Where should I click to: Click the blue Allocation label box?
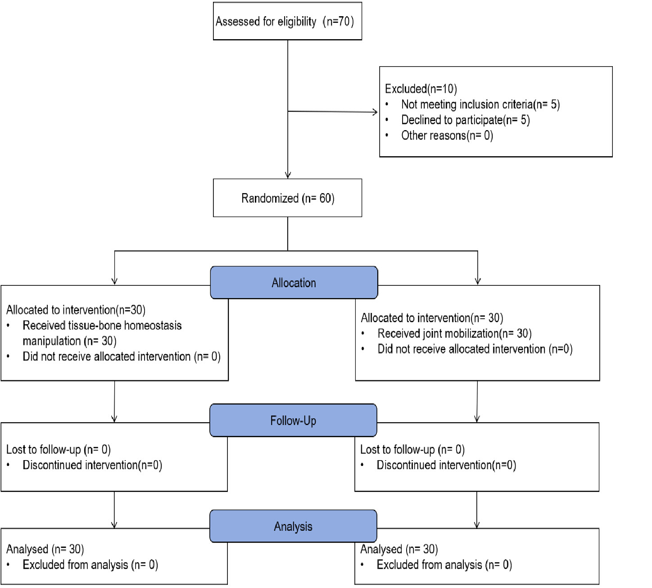pyautogui.click(x=294, y=282)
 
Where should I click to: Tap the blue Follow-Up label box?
pyautogui.click(x=293, y=420)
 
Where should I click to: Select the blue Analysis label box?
pyautogui.click(x=293, y=526)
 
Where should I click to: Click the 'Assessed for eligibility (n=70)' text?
pyautogui.click(x=285, y=22)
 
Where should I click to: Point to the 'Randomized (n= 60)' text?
pyautogui.click(x=288, y=198)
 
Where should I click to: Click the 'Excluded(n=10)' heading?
pyautogui.click(x=421, y=89)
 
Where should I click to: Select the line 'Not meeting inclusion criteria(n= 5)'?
pyautogui.click(x=480, y=104)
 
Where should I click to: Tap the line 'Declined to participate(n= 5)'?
pyautogui.click(x=466, y=120)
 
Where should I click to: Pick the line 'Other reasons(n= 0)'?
pyautogui.click(x=447, y=136)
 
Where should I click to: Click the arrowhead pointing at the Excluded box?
pyautogui.click(x=375, y=112)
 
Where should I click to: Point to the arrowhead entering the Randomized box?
pyautogui.click(x=288, y=175)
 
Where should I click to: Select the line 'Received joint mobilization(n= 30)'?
pyautogui.click(x=454, y=334)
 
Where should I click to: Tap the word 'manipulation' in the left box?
pyautogui.click(x=52, y=341)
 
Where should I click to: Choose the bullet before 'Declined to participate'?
pyautogui.click(x=387, y=120)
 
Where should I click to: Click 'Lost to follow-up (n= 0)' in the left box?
pyautogui.click(x=59, y=449)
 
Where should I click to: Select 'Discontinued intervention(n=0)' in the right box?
pyautogui.click(x=446, y=465)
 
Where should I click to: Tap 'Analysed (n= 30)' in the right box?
pyautogui.click(x=399, y=549)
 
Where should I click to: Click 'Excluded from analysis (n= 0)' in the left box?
pyautogui.click(x=91, y=565)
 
